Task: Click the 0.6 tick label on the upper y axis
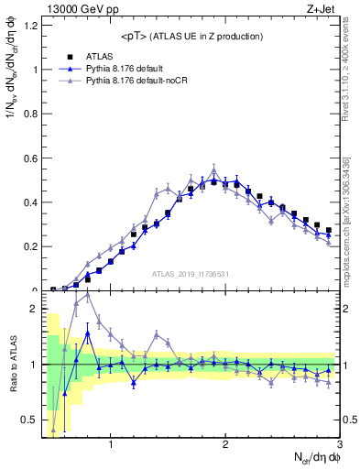(27, 158)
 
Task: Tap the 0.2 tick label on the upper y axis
(27, 246)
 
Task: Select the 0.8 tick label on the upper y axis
(27, 114)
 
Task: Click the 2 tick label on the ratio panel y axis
(32, 309)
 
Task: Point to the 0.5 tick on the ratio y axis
(27, 420)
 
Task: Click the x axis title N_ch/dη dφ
(316, 457)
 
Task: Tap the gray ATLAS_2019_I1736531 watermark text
(191, 274)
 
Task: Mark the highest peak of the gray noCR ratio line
(88, 294)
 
